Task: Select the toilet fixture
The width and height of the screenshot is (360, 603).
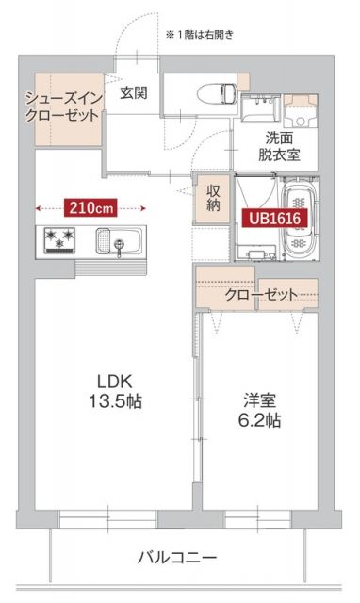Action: (x=223, y=92)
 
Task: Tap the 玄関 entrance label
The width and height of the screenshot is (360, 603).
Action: (x=134, y=93)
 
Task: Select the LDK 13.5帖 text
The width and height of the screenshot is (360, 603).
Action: (x=118, y=390)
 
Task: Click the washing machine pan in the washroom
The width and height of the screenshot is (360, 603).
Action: (x=302, y=109)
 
